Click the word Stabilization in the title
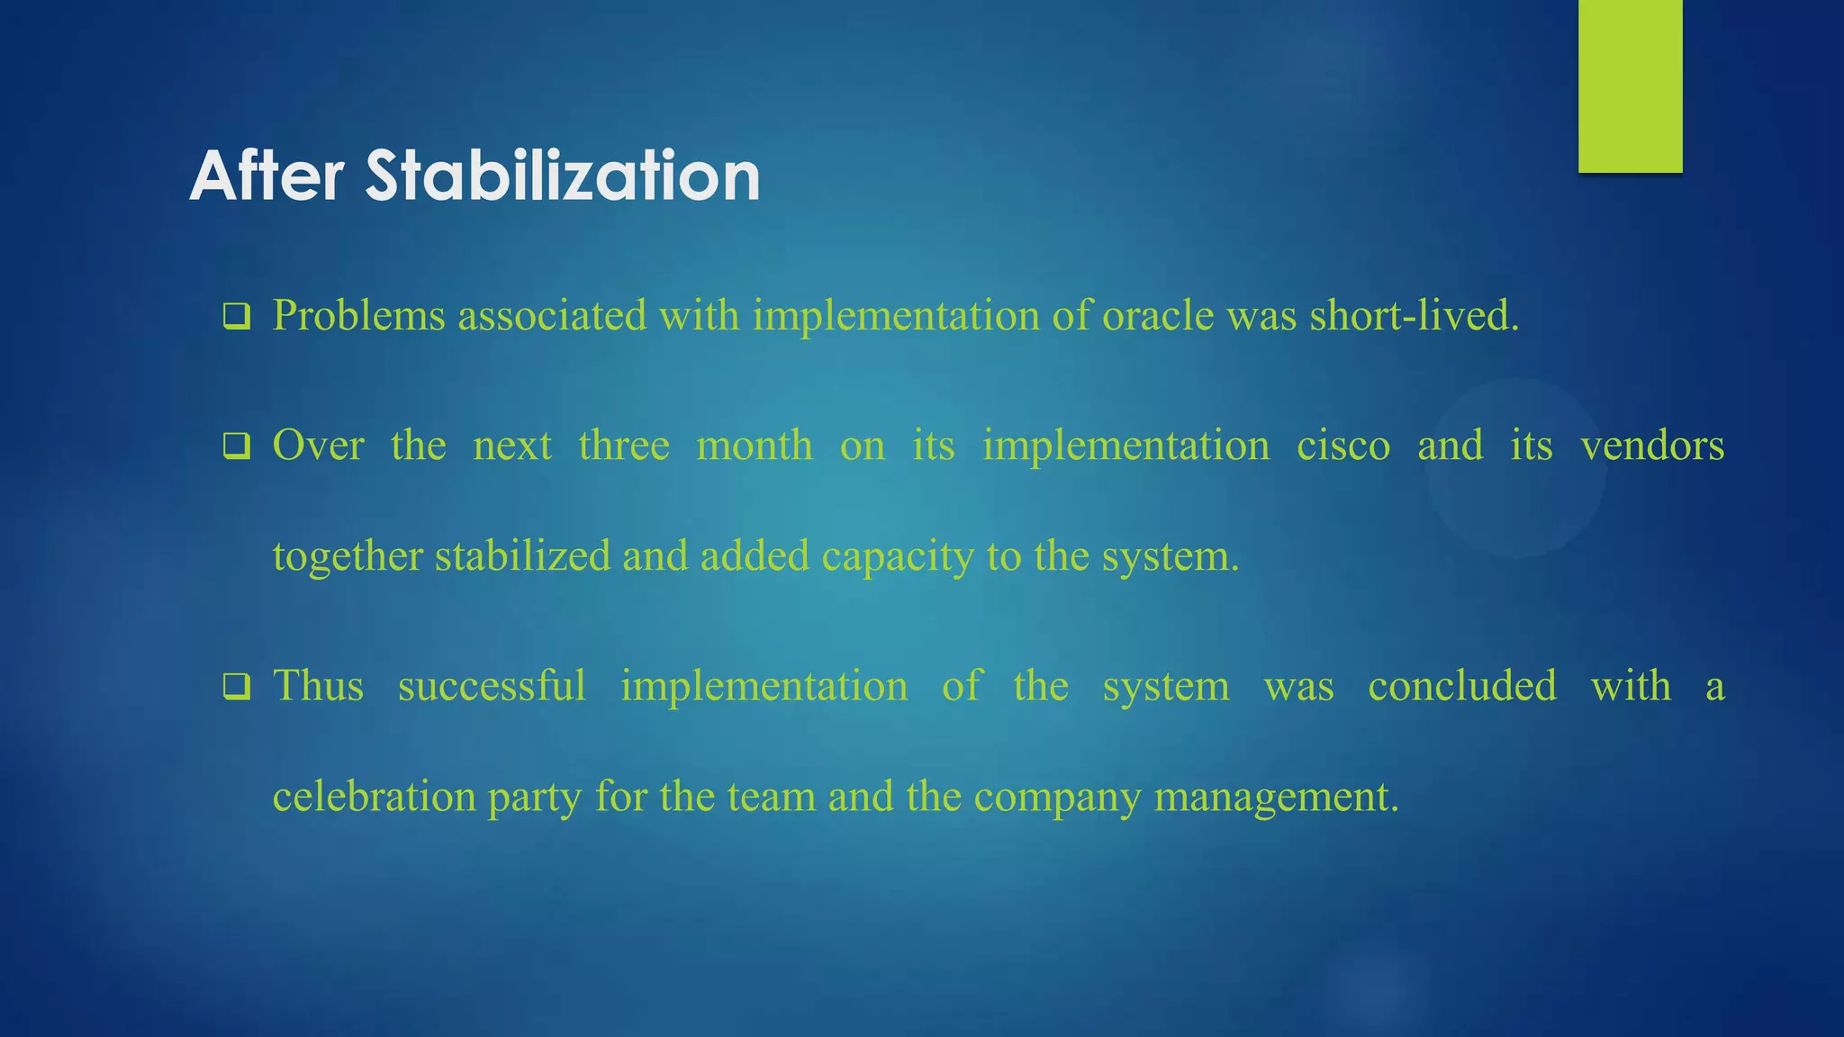[563, 176]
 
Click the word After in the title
[267, 176]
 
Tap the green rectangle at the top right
[1630, 86]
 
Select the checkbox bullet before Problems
[237, 317]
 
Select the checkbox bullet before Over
[237, 446]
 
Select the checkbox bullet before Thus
[237, 688]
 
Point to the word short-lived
[1414, 316]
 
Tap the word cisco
[1343, 446]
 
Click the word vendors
[1652, 446]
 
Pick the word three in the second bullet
[624, 446]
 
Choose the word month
[755, 446]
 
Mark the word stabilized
[522, 556]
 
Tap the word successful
[492, 686]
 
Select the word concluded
[1462, 686]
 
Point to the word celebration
[374, 797]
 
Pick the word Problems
[358, 316]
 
